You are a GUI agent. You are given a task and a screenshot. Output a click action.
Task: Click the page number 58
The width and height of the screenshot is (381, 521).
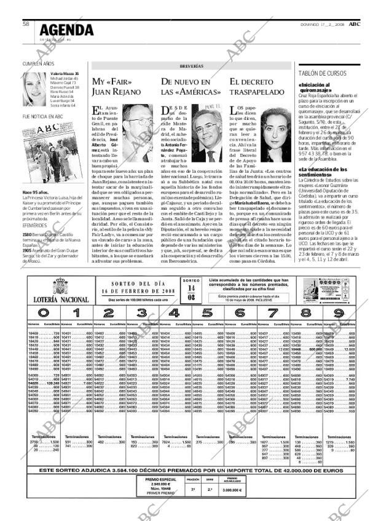coord(26,24)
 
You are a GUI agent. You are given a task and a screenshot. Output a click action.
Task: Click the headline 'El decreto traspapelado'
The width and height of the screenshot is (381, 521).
coord(257,87)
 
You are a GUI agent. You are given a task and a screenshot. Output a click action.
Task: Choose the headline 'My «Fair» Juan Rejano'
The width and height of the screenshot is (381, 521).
coord(113,87)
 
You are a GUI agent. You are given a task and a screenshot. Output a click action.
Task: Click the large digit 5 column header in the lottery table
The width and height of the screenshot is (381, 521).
coord(206,312)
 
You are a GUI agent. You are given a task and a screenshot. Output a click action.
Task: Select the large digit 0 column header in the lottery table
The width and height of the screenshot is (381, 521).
coord(43,312)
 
